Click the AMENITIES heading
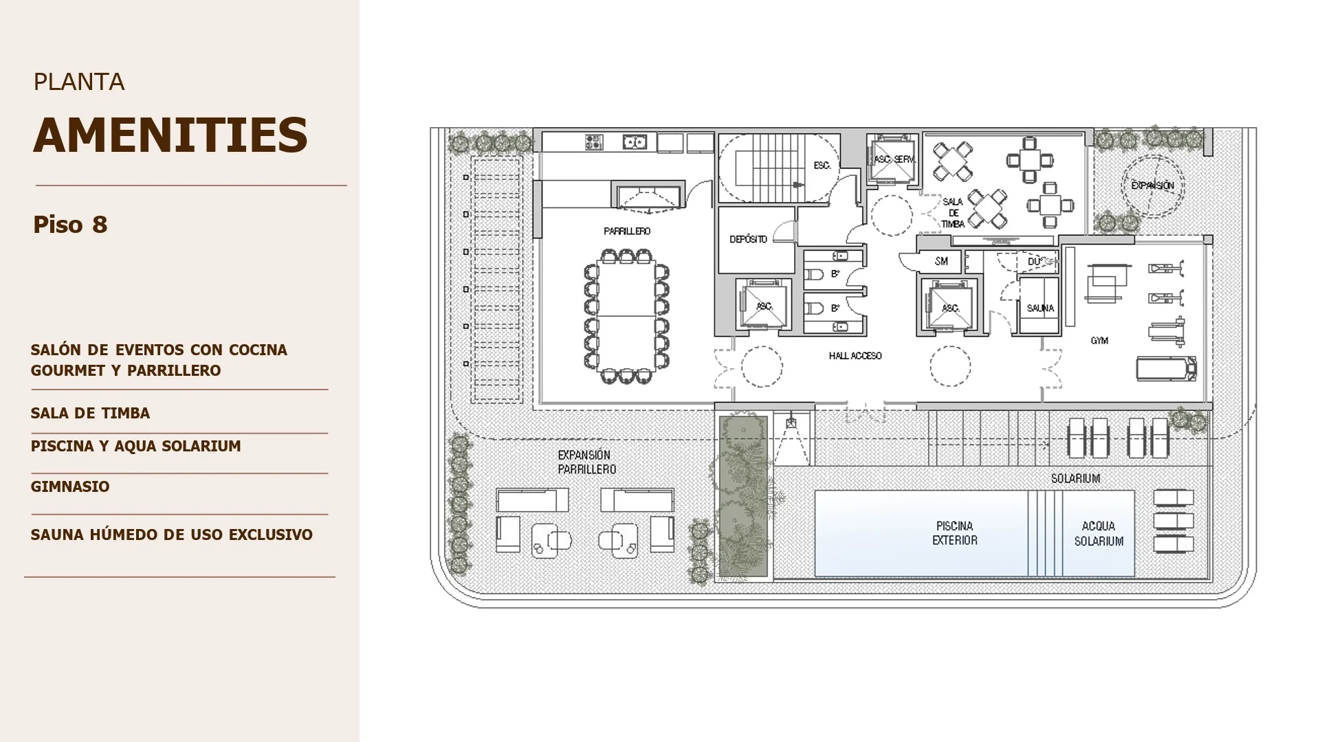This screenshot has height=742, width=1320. click(170, 135)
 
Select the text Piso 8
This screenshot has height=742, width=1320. click(70, 225)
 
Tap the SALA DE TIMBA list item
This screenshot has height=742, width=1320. click(90, 413)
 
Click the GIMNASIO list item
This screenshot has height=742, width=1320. click(70, 486)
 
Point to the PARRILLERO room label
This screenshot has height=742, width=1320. click(627, 232)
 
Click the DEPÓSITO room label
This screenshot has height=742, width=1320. click(748, 239)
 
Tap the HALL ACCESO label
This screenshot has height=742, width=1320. click(855, 356)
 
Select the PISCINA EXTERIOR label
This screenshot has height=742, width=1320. click(954, 533)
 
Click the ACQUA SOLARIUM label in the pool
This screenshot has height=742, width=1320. click(1099, 533)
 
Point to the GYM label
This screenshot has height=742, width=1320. click(1099, 341)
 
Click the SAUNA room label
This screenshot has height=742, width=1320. click(1040, 308)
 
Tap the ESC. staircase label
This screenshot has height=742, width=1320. click(822, 166)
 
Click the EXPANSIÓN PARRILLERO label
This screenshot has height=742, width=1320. click(586, 462)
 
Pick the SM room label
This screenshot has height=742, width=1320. click(941, 261)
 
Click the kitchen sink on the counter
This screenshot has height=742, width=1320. click(634, 142)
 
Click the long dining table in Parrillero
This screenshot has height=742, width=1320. click(626, 316)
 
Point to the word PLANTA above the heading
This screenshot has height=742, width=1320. click(79, 82)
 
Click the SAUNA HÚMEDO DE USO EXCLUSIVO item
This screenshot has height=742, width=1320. click(172, 535)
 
